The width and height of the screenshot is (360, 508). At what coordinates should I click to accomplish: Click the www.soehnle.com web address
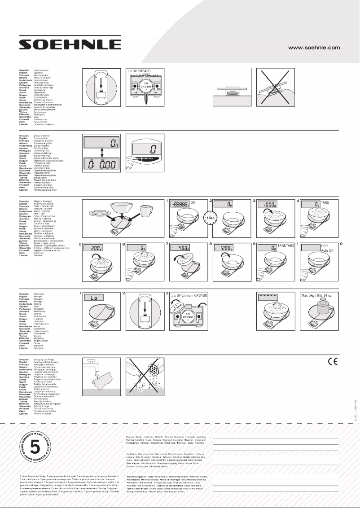314,47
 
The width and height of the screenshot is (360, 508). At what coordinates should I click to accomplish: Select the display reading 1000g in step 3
269,203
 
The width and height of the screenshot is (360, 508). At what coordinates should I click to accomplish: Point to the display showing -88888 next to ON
180,203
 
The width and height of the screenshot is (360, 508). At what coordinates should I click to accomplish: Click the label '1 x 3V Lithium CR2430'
191,296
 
